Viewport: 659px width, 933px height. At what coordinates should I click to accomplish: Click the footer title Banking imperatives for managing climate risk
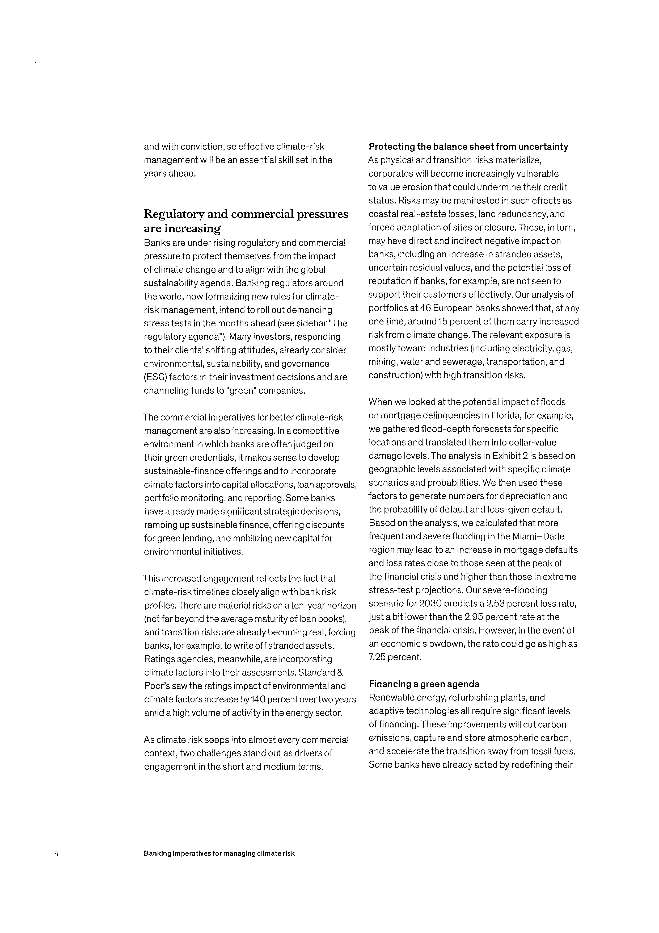(x=219, y=853)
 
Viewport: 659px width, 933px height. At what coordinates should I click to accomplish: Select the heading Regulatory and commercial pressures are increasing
(x=246, y=221)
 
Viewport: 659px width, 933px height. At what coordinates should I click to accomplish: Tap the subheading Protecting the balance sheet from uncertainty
(x=468, y=147)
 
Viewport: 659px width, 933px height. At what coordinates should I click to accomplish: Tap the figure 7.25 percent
(x=378, y=657)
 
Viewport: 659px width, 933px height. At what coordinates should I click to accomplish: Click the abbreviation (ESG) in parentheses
(x=155, y=377)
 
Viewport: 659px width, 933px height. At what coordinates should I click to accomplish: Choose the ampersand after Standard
(x=340, y=673)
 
